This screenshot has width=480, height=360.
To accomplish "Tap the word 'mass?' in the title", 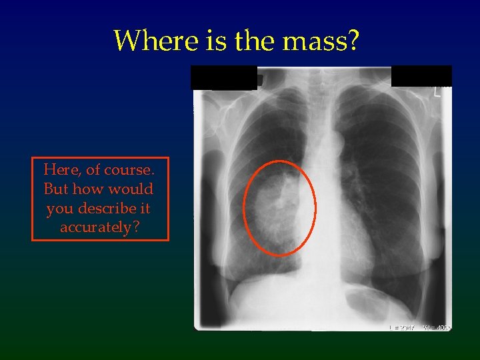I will (x=321, y=41).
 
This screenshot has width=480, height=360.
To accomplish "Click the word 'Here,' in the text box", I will (x=61, y=170).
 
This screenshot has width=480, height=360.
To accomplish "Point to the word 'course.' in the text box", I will (x=131, y=170).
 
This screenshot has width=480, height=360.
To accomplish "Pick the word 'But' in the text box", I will (x=56, y=189).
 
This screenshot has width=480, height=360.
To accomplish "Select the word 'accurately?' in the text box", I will (x=100, y=228).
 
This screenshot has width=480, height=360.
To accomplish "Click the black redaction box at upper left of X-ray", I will (x=223, y=77).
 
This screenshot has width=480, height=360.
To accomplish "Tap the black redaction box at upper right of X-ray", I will (x=421, y=76).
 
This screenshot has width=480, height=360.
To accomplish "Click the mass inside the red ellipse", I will (x=279, y=207).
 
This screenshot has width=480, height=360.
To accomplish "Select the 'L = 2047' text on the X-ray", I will (x=402, y=327).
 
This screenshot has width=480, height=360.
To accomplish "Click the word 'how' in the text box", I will (x=89, y=189).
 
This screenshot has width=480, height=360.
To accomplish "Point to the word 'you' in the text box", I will (x=60, y=209).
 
